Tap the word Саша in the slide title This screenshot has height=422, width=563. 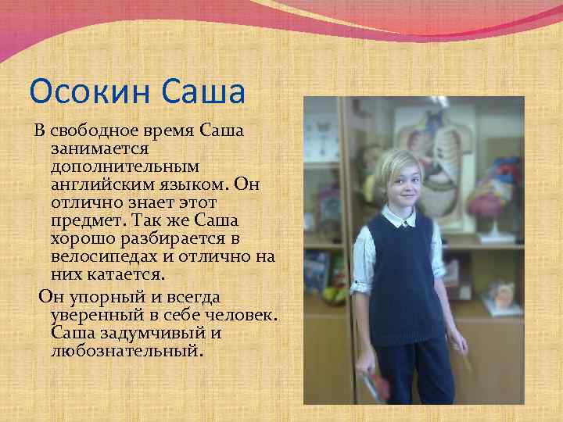[205, 92]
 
